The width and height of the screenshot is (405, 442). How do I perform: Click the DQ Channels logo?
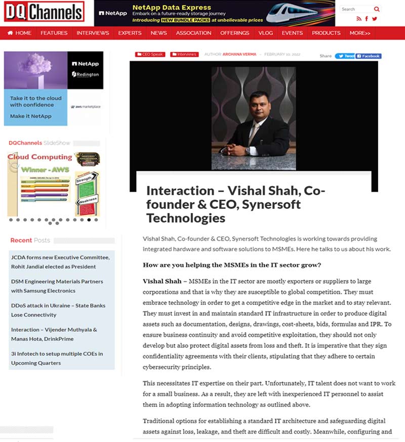click(44, 13)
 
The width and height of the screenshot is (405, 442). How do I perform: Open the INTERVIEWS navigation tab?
click(93, 33)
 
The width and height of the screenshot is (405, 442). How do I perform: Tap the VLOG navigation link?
click(265, 33)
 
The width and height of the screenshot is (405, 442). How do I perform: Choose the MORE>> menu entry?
click(360, 33)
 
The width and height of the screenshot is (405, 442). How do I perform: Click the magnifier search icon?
click(377, 9)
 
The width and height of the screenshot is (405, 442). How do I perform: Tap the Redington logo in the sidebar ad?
click(86, 74)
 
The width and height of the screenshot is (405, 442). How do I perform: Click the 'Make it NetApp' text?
click(31, 116)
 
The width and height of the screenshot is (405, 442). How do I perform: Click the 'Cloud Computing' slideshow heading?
click(40, 157)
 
